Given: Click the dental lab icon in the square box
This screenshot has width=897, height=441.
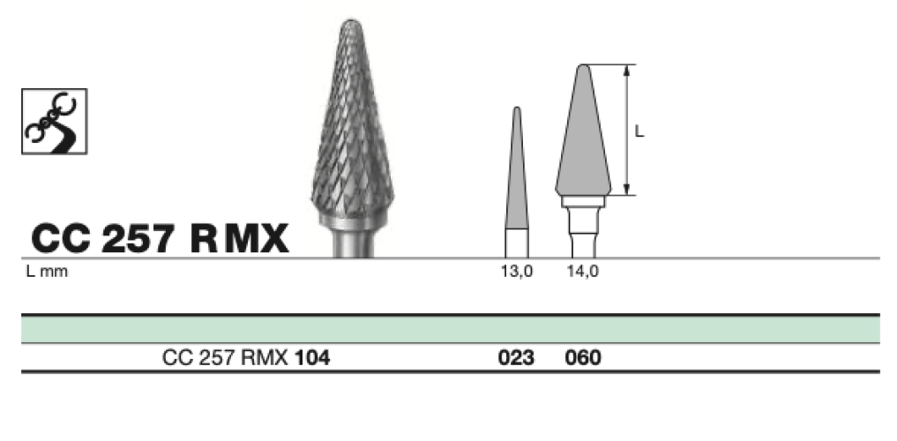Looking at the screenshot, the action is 55,121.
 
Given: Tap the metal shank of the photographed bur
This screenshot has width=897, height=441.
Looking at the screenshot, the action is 354,243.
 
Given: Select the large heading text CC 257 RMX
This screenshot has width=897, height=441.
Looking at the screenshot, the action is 160,238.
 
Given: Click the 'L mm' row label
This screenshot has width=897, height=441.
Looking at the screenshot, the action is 47,272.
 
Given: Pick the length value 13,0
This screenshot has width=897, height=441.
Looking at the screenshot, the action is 517,272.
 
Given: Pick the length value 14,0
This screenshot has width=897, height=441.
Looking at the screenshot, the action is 583,272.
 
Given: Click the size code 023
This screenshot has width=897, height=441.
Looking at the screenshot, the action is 516,358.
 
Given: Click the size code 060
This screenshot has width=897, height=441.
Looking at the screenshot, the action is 583,358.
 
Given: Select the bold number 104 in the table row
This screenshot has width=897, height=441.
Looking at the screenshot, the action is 311,358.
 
